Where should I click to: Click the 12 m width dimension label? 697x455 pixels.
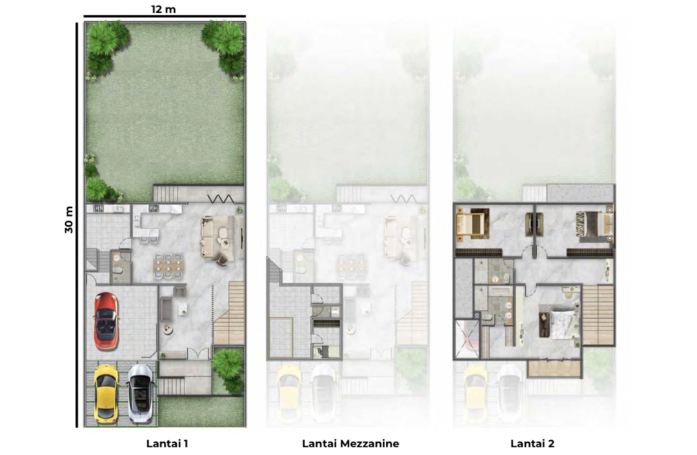click(163, 9)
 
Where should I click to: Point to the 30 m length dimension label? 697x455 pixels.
click(69, 219)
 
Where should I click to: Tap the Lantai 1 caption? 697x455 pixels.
click(167, 443)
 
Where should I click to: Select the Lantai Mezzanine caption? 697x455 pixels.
click(350, 443)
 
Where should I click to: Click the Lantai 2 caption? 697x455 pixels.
click(532, 443)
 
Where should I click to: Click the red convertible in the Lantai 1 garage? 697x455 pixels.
click(106, 321)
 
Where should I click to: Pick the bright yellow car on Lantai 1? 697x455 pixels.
click(106, 393)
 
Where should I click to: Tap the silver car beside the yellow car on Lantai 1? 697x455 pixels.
click(141, 393)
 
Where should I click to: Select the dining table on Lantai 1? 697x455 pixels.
click(168, 266)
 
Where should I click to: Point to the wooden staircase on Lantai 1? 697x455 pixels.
click(229, 312)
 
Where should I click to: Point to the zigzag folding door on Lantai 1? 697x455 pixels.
click(221, 199)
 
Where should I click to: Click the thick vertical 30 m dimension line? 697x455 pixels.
click(77, 225)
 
